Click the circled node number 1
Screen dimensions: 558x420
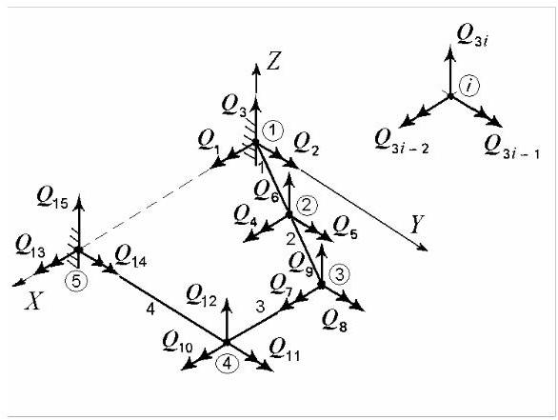click(x=273, y=130)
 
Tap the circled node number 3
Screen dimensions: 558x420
click(x=339, y=275)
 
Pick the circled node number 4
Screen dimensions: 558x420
click(x=228, y=364)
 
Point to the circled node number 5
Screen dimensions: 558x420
click(x=76, y=281)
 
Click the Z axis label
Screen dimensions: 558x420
click(x=273, y=62)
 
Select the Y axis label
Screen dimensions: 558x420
click(x=417, y=224)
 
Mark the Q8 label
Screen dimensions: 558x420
click(x=334, y=321)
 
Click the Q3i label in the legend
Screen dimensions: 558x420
click(x=471, y=36)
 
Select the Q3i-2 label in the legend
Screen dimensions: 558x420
click(x=402, y=141)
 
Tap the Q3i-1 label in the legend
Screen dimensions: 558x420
click(x=511, y=147)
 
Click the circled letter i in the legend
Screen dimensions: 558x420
click(x=469, y=86)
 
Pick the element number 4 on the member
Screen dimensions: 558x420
click(x=150, y=310)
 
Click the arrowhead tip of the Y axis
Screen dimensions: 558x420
click(x=428, y=250)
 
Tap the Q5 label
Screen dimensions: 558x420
click(x=345, y=228)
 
